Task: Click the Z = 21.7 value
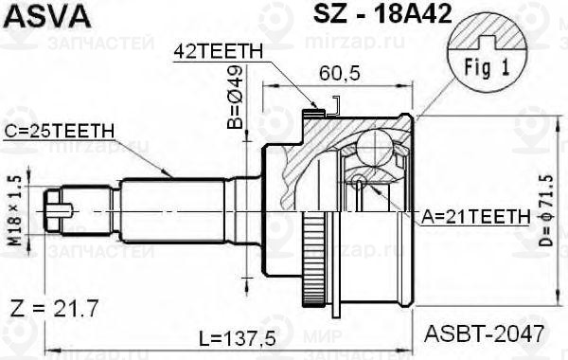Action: coord(60,311)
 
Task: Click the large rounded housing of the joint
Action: coord(379,227)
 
